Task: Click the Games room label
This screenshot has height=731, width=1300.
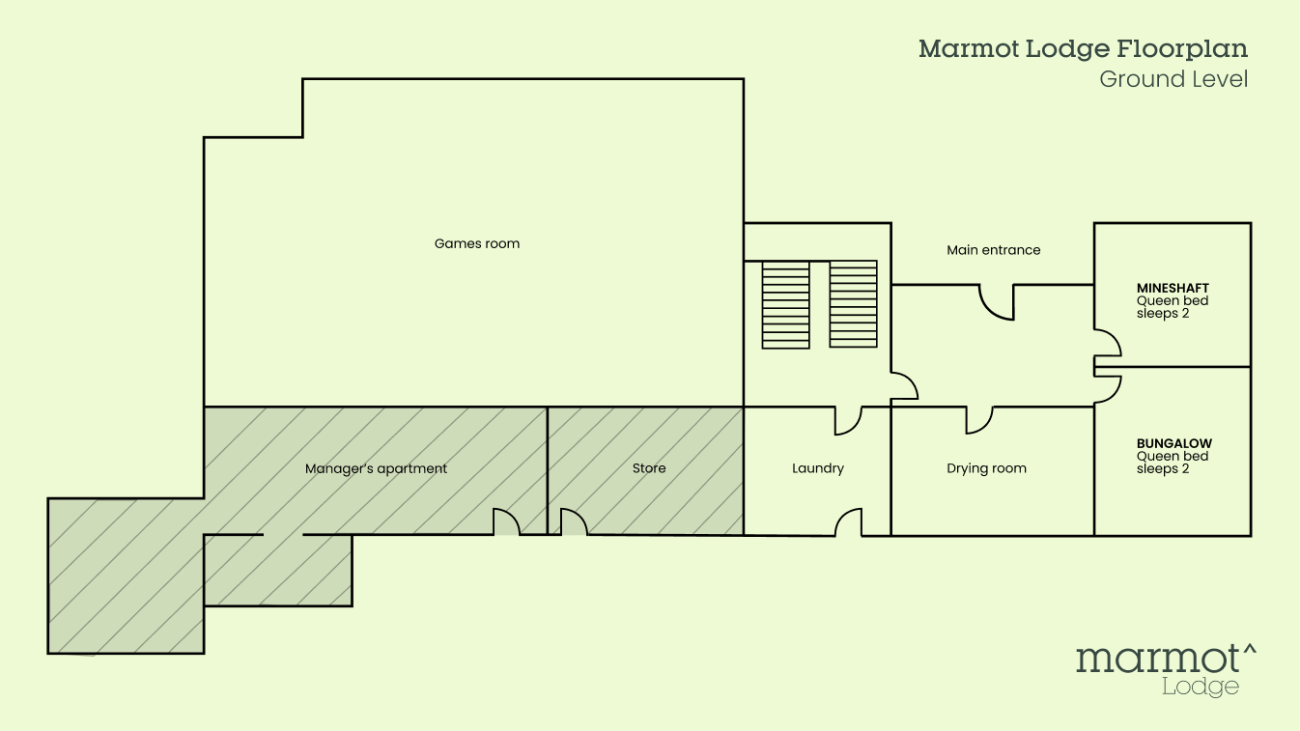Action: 477,244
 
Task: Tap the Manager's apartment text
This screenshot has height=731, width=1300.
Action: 376,469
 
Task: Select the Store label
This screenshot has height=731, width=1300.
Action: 649,468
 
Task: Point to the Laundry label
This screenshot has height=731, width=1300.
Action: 818,468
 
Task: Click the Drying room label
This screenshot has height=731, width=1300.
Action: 986,468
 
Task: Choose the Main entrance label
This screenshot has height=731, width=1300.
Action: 994,250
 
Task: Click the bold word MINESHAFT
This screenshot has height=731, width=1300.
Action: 1173,288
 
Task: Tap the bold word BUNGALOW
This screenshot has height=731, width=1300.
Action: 1174,444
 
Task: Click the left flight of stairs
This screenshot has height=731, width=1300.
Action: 785,304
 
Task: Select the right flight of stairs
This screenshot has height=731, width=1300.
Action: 853,304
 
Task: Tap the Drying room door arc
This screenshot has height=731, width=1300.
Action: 979,420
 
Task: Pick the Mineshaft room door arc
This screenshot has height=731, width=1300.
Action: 1108,344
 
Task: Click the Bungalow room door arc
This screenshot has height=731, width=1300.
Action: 1108,388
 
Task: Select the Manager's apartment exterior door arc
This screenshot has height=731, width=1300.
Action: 507,521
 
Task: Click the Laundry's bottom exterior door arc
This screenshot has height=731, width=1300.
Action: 849,522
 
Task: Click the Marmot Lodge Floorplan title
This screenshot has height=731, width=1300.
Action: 1083,49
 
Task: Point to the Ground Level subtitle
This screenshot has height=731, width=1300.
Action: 1173,79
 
